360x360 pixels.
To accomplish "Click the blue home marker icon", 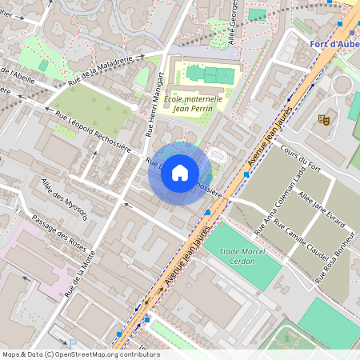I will pos(180,173).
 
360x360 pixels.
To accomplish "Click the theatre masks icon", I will pos(325,119).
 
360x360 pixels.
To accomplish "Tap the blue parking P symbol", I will pos(74,342).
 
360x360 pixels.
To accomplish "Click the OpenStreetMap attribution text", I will pos(80,354).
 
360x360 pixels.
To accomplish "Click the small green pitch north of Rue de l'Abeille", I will pos(42,65).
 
